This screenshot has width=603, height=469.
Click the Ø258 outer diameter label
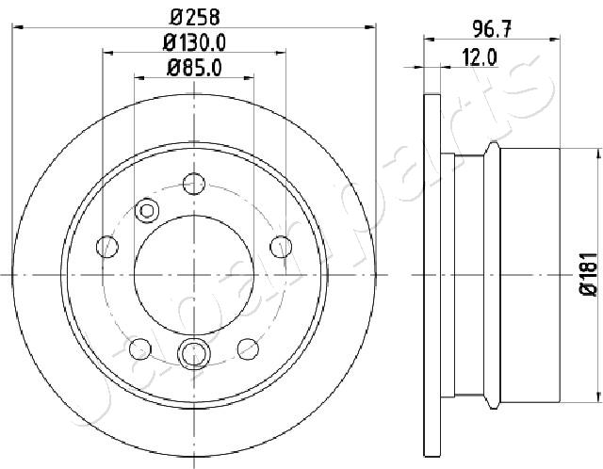click(x=195, y=16)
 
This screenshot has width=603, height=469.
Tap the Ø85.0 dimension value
click(x=194, y=68)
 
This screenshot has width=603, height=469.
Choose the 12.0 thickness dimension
click(x=480, y=57)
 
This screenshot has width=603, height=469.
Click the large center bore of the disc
click(x=194, y=275)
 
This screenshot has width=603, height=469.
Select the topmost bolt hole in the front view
click(x=194, y=184)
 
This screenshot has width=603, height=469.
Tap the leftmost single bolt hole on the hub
click(x=106, y=247)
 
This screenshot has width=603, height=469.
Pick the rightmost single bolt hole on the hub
click(x=281, y=247)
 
